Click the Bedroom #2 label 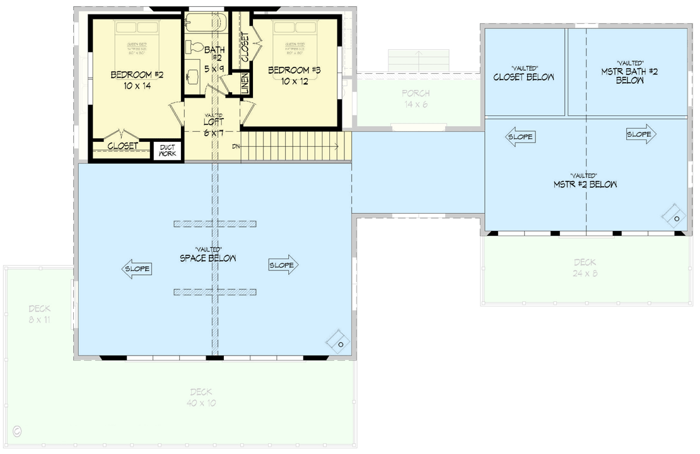137,80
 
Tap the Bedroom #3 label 295,76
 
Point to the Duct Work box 168,151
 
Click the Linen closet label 245,84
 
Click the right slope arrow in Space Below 283,265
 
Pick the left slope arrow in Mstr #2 521,137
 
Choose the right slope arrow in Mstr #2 641,134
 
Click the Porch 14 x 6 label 415,98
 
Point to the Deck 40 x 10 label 201,397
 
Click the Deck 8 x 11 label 39,314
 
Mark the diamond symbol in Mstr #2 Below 674,216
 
